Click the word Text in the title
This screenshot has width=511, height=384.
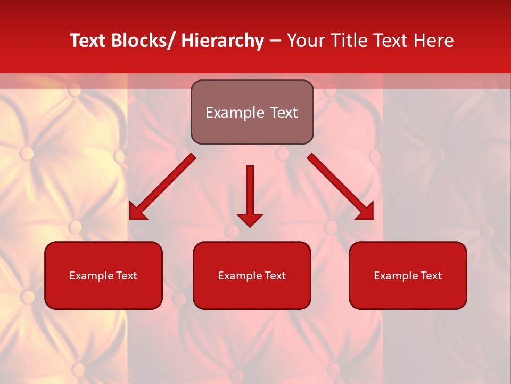tap(88, 41)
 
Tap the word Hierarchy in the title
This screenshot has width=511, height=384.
tap(222, 41)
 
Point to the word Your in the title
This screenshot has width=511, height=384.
tap(306, 41)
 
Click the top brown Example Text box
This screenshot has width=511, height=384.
tap(252, 112)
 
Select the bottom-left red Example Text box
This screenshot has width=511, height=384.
tap(103, 275)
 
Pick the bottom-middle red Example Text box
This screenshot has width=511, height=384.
tap(252, 275)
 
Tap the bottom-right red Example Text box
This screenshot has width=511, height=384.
tap(408, 275)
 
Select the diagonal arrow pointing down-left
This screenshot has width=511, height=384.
tap(162, 187)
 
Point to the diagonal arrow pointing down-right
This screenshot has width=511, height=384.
tap(340, 187)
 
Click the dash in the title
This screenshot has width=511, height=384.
tap(275, 41)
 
